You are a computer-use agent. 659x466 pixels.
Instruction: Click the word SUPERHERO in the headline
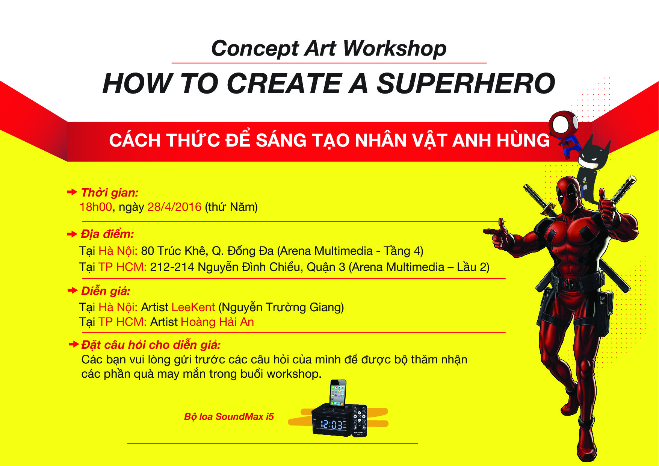click(x=466, y=83)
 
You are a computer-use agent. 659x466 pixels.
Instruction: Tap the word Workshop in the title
click(x=394, y=48)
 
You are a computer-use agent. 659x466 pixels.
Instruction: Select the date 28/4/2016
click(x=174, y=207)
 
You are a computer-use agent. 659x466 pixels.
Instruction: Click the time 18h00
click(x=96, y=207)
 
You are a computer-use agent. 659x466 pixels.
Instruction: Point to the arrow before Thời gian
click(x=72, y=192)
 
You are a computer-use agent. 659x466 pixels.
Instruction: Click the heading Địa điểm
click(x=107, y=234)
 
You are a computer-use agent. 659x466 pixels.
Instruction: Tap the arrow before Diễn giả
click(x=72, y=290)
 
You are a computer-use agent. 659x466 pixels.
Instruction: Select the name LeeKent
click(x=193, y=307)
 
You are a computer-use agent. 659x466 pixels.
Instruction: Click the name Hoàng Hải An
click(x=217, y=322)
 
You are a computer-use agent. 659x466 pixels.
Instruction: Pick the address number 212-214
click(x=172, y=267)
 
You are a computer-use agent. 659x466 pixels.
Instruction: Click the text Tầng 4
click(x=401, y=251)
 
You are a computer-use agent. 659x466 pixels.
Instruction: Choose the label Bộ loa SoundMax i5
click(x=229, y=416)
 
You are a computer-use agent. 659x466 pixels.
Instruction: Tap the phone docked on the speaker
click(x=338, y=393)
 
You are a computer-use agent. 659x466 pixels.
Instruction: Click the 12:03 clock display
click(x=331, y=425)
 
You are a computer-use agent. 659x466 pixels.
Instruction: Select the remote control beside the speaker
click(x=359, y=421)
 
